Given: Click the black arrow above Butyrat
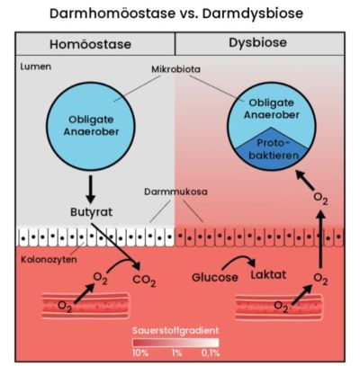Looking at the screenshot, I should click(x=88, y=187).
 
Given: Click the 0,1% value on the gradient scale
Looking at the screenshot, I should click(x=210, y=353).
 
